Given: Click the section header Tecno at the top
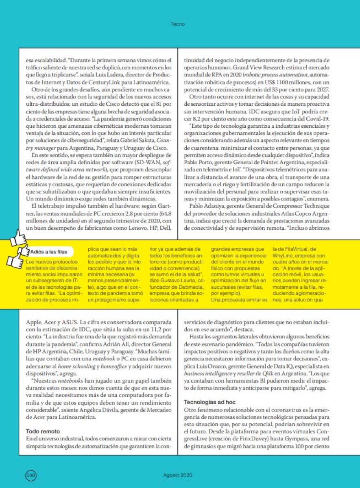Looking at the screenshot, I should coord(178,24).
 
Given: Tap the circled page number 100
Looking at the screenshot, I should coord(31,475).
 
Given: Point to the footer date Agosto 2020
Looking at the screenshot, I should coord(178,475).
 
